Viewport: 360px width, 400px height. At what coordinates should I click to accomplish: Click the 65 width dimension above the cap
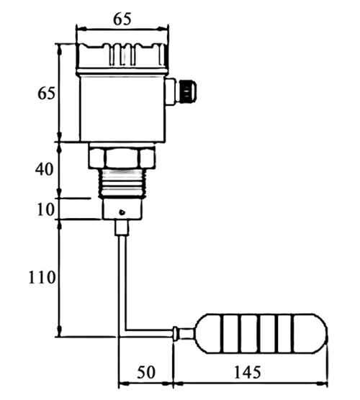[x=122, y=19]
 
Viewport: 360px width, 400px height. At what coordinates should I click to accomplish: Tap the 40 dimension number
[x=45, y=170]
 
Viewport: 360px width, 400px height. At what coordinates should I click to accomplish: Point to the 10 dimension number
[x=45, y=209]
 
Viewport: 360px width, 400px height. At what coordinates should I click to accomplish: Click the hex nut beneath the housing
[x=121, y=158]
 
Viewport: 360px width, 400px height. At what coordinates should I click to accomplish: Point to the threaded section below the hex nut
[x=121, y=183]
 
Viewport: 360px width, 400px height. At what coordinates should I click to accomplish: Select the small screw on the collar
[x=123, y=212]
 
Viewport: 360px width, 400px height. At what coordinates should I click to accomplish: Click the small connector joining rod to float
[x=177, y=332]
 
